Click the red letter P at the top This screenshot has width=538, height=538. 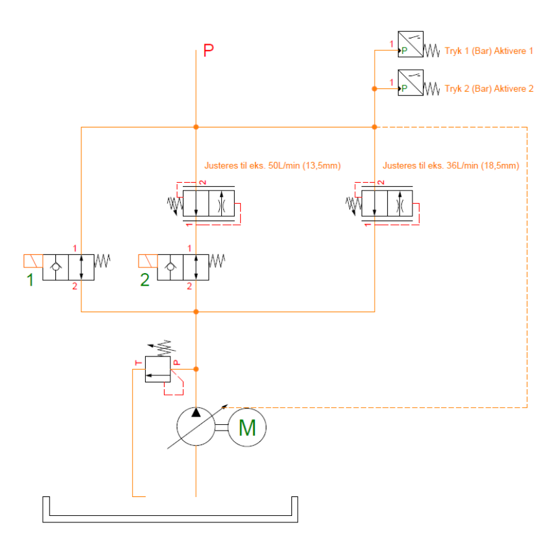pyautogui.click(x=208, y=51)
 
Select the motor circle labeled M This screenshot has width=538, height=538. pyautogui.click(x=247, y=427)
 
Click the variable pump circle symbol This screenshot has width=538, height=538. pyautogui.click(x=196, y=427)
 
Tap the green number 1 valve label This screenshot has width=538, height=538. pyautogui.click(x=29, y=281)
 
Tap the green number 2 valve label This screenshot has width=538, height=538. pyautogui.click(x=145, y=281)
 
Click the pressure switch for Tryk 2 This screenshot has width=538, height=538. pyautogui.click(x=410, y=83)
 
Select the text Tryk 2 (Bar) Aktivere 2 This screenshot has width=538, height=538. pyautogui.click(x=489, y=89)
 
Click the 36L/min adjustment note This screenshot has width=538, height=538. pyautogui.click(x=451, y=165)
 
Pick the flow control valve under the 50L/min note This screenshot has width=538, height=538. pyautogui.click(x=208, y=203)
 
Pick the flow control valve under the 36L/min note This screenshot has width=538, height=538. pyautogui.click(x=387, y=203)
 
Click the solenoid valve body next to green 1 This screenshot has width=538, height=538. pyautogui.click(x=68, y=267)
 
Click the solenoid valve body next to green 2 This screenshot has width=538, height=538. pyautogui.click(x=183, y=267)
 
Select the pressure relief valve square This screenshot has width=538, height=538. pyautogui.click(x=157, y=369)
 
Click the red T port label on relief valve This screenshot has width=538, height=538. pyautogui.click(x=137, y=362)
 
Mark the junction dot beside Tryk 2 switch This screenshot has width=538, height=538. pyautogui.click(x=374, y=88)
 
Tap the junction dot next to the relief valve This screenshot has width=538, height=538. pyautogui.click(x=196, y=369)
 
